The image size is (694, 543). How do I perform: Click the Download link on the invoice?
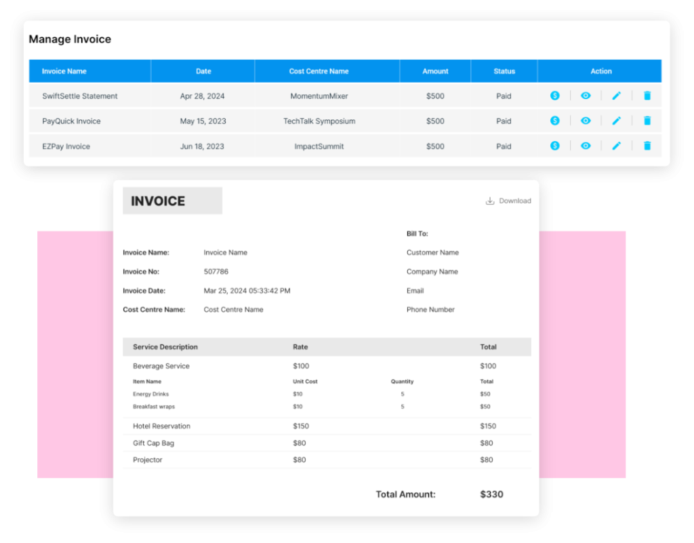[508, 201]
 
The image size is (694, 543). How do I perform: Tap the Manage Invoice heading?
[70, 39]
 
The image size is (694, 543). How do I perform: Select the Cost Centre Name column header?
[319, 71]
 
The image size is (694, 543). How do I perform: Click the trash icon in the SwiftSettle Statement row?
[647, 96]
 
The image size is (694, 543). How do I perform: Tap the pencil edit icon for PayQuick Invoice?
[616, 121]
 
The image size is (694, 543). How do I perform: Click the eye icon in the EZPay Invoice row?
[586, 146]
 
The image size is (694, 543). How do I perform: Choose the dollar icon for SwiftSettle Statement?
[555, 96]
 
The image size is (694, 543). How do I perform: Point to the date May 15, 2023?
[203, 121]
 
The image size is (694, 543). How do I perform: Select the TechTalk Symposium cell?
[319, 121]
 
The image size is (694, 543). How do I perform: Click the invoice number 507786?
[216, 272]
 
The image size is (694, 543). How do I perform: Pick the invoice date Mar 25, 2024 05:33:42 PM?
[247, 291]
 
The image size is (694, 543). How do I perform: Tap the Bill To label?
[417, 234]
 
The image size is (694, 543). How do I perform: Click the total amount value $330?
[491, 494]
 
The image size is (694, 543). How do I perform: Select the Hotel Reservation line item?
[161, 426]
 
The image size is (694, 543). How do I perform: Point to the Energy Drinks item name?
[150, 394]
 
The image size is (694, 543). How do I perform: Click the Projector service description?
[148, 460]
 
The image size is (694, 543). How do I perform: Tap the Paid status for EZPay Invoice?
[504, 146]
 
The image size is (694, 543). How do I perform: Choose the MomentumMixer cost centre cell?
[319, 96]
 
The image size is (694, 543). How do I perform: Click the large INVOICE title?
[158, 201]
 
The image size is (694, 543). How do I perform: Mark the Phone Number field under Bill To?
[430, 310]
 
